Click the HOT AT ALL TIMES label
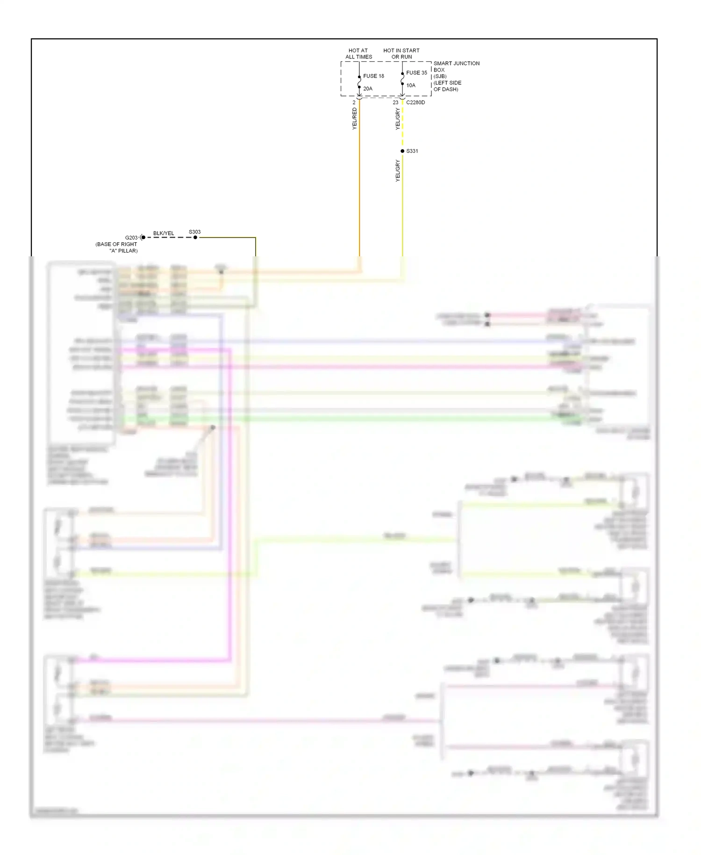tap(358, 54)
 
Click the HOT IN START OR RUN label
tap(401, 54)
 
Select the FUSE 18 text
tap(373, 76)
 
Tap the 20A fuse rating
tap(368, 88)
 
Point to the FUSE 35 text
tap(416, 72)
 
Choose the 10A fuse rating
tap(411, 85)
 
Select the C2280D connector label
tap(415, 102)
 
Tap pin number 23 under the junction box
tap(395, 102)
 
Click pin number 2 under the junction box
tap(354, 102)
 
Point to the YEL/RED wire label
tap(354, 118)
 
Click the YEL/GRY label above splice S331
tap(398, 119)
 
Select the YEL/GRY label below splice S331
tap(398, 171)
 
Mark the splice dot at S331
tap(402, 151)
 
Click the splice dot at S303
tap(195, 238)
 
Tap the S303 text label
tap(194, 232)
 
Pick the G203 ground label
tap(131, 238)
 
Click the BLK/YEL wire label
tap(164, 233)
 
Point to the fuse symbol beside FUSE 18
tap(359, 82)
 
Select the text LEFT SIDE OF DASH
tap(447, 86)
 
